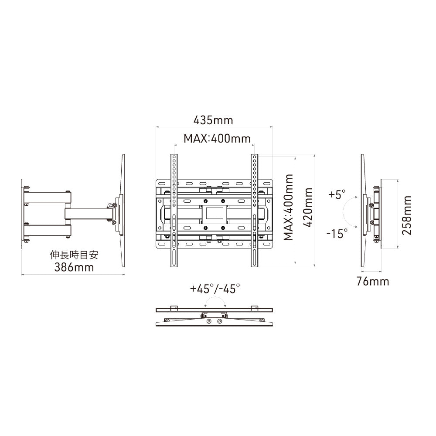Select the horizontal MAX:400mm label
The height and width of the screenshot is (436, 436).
tap(217, 139)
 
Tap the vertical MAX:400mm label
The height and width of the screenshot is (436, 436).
tap(288, 208)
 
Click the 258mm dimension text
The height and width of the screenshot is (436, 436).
tap(407, 215)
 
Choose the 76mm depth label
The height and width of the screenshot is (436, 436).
tap(372, 281)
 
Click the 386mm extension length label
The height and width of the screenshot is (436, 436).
tap(74, 267)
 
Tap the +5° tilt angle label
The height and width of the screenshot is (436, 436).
tap(337, 194)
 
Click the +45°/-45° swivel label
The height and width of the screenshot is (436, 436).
tap(215, 288)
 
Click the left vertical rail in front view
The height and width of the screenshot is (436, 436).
tap(174, 209)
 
